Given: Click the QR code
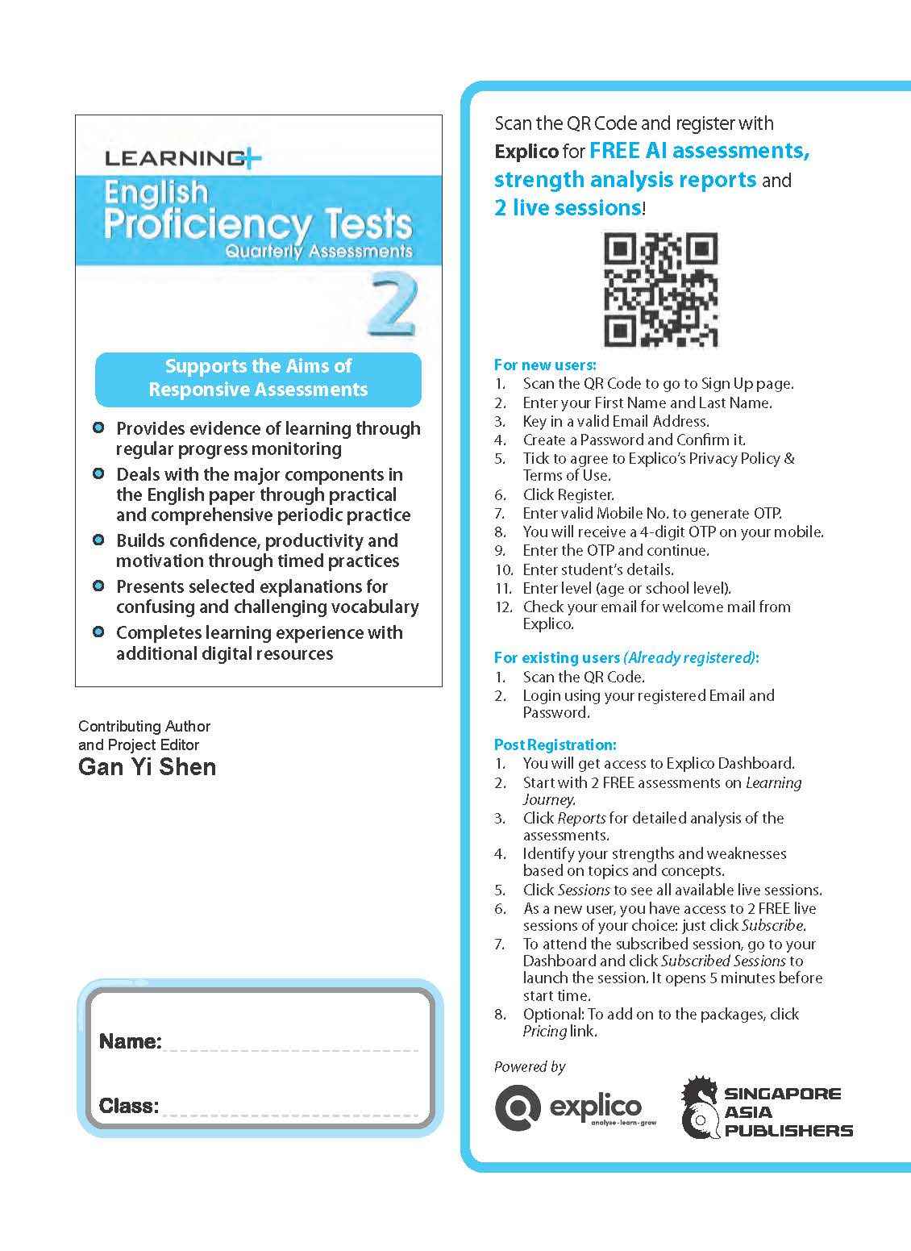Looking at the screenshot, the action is pos(660,290).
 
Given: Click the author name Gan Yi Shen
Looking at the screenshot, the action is pos(147,766).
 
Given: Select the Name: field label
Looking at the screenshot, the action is pos(130,1041).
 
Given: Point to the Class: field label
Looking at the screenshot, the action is pos(128,1106).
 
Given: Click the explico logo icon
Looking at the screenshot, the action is pos(518,1108).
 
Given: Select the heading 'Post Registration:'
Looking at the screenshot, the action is pos(555,744).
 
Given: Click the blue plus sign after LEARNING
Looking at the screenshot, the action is pos(252,160).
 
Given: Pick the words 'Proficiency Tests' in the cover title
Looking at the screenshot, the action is pos(258,224).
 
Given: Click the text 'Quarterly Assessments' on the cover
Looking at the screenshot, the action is pos(318,251).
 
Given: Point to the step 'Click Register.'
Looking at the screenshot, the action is pos(568,494).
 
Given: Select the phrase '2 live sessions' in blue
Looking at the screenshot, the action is pos(568,208).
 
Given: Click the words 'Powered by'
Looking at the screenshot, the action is pos(530,1066).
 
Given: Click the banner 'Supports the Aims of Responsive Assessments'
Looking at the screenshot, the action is pos(258,377).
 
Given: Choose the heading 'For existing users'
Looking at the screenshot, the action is pos(557,657).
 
